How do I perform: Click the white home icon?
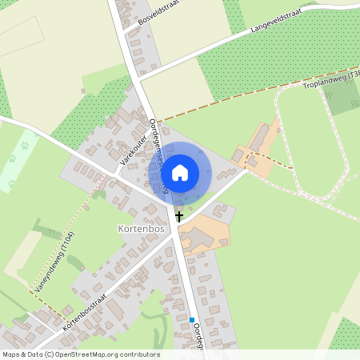[180, 172]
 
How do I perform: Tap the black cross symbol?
[179, 216]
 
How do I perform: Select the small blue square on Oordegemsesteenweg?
[192, 320]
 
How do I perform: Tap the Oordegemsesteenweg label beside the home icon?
[158, 152]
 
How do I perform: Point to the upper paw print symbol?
[25, 146]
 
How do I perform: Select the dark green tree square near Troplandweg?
[344, 96]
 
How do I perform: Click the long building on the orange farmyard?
[262, 137]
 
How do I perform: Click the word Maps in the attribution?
[11, 354]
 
